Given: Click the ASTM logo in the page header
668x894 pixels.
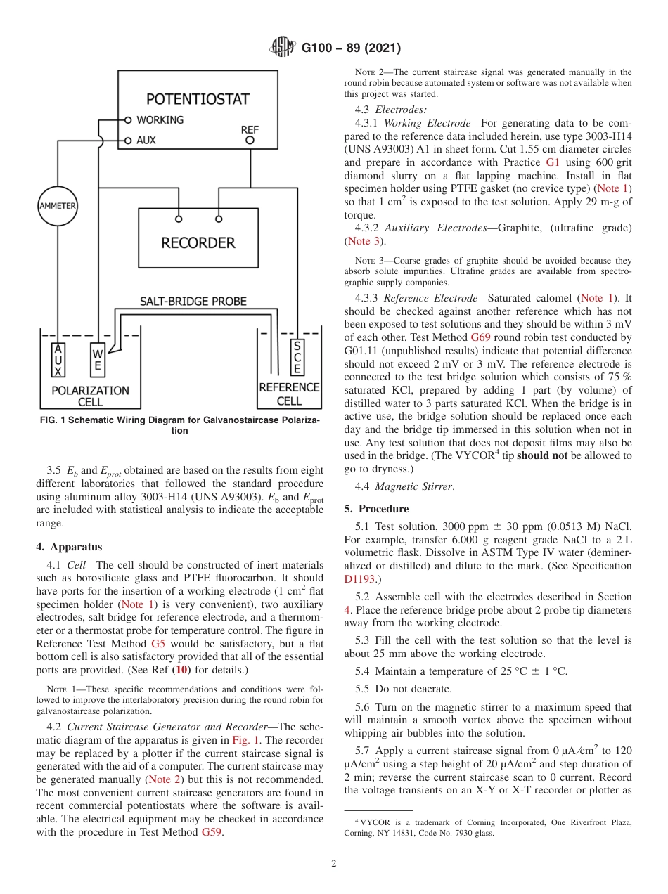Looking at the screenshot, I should (283, 48).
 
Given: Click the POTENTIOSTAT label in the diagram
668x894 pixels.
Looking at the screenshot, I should (198, 99).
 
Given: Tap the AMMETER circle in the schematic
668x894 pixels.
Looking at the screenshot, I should (57, 206).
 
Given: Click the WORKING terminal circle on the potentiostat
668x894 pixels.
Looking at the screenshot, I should (128, 120).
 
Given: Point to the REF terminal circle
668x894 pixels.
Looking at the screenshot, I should (250, 141).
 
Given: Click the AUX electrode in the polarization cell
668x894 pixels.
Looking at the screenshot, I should (58, 360).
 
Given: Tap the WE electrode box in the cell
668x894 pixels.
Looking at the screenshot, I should (98, 360).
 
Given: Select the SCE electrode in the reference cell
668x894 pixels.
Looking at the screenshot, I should (297, 356).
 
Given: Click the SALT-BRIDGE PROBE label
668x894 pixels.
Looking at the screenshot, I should (193, 302).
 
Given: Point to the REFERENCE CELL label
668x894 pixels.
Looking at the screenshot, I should (289, 394).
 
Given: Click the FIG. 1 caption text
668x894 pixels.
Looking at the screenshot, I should (180, 425).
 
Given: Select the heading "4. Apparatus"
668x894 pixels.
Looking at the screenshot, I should (69, 546).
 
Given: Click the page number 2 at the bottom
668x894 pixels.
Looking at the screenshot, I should (334, 864).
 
